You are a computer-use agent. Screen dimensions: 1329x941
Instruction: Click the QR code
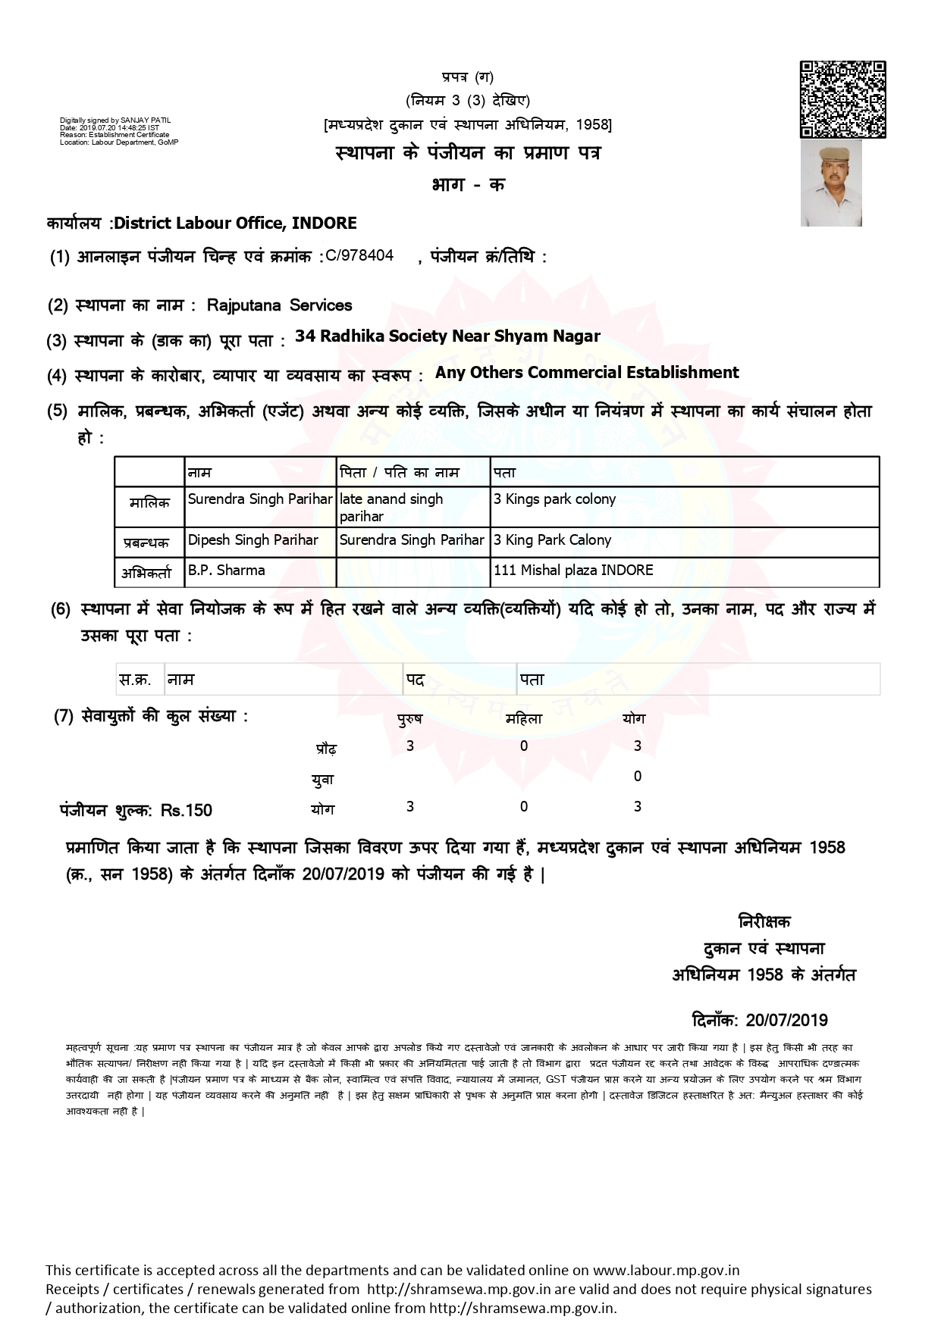point(842,99)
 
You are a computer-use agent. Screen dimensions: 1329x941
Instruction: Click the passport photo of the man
point(831,183)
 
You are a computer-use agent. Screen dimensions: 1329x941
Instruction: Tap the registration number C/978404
point(359,255)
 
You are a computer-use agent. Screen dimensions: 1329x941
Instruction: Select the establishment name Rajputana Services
point(279,305)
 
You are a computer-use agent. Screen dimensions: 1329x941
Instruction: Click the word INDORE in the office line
point(324,223)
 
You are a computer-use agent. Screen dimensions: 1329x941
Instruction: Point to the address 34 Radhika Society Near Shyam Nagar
point(447,336)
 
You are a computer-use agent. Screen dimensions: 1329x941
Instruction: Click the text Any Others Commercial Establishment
point(587,373)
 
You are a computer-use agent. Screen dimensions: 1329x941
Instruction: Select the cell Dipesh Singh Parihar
point(253,540)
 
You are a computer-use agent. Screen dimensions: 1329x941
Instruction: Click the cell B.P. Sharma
point(227,571)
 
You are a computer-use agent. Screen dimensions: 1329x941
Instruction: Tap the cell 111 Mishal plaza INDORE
point(573,571)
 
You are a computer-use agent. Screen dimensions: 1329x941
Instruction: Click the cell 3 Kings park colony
point(554,499)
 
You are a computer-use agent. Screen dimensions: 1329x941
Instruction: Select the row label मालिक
point(149,503)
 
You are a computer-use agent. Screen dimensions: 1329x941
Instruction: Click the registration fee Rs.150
point(187,811)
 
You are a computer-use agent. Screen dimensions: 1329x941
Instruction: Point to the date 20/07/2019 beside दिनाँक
point(787,1020)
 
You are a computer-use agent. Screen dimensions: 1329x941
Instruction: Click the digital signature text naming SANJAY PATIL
point(116,120)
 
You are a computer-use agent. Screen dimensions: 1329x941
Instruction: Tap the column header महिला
point(524,719)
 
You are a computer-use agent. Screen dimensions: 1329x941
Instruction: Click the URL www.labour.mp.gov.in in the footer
point(666,1270)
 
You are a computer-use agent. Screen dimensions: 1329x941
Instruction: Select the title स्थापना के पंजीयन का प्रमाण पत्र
point(468,153)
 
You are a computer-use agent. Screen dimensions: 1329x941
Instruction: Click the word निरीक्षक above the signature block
point(764,922)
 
